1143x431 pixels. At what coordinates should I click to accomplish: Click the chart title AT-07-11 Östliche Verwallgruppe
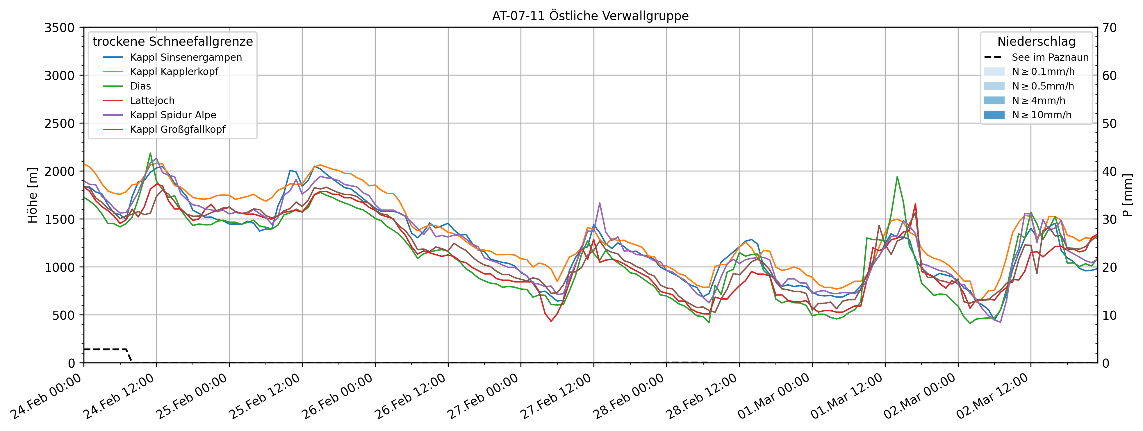coord(590,16)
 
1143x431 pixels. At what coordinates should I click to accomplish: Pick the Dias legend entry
coord(140,86)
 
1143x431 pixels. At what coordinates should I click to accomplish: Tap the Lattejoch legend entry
coord(152,101)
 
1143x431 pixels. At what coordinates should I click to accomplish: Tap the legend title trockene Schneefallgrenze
coord(173,42)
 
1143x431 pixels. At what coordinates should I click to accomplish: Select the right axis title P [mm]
coord(1128,195)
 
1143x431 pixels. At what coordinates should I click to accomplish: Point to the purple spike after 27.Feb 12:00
coord(600,203)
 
